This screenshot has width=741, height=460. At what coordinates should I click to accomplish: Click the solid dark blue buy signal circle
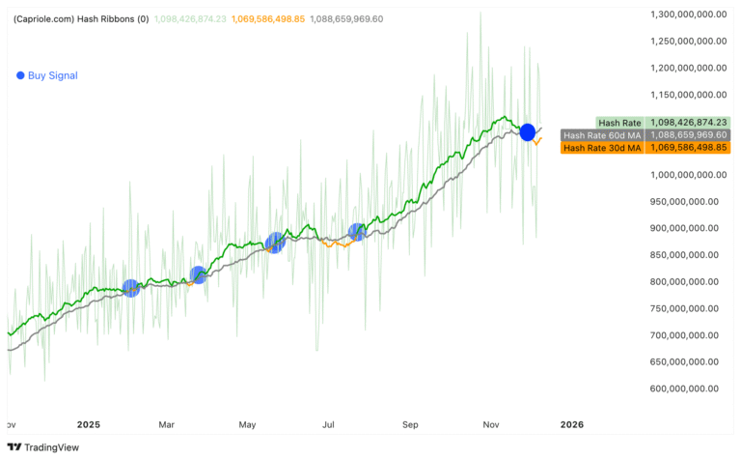tap(528, 132)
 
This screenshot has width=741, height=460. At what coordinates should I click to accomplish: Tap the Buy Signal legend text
tap(52, 75)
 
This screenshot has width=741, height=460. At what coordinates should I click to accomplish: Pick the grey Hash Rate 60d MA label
tap(602, 135)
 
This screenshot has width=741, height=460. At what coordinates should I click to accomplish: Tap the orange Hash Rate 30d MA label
tap(602, 148)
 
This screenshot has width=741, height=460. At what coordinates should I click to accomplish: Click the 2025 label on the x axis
tap(88, 424)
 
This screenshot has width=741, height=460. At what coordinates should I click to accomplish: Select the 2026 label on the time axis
tap(571, 424)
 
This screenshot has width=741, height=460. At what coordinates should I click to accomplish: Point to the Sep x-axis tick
tap(410, 424)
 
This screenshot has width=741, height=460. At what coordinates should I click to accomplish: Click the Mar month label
tap(166, 424)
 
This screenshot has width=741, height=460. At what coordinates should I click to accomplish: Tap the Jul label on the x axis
tap(329, 424)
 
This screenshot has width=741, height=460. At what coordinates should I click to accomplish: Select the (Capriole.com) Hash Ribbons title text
tap(81, 19)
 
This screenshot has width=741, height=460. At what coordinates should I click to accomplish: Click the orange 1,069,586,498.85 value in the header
tap(263, 19)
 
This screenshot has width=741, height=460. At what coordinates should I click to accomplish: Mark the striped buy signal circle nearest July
tap(357, 232)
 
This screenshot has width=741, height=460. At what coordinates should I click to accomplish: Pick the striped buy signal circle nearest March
tap(198, 274)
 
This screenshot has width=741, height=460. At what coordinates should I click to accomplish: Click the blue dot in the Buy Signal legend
tap(20, 75)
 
